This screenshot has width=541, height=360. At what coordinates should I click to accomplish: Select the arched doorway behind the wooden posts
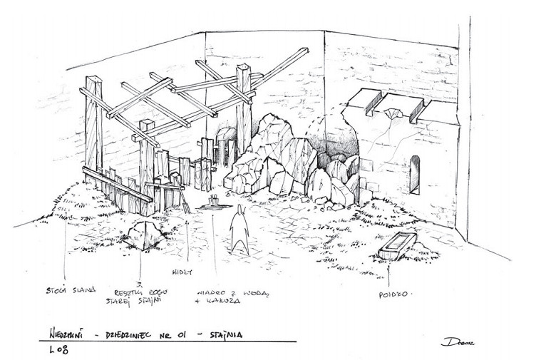(225, 146)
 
